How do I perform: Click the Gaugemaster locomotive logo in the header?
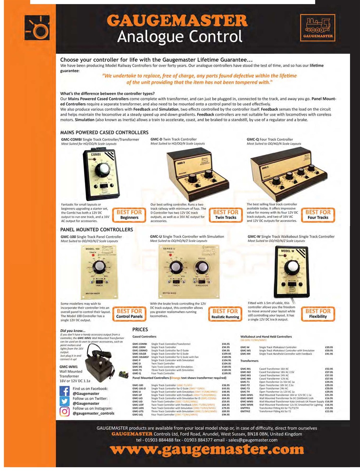coord(318,28)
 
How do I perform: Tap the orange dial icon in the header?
coord(37,28)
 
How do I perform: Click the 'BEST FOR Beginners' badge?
coord(129,215)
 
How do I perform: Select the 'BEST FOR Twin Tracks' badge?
coord(225,215)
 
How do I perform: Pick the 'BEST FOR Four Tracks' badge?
coord(318,215)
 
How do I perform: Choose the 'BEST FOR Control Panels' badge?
coord(129,314)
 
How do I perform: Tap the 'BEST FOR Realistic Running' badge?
coord(225,314)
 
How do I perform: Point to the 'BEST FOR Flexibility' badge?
coord(318,314)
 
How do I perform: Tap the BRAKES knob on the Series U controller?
coord(202,266)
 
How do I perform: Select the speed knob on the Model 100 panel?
coord(99,267)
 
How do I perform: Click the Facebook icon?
coord(65,391)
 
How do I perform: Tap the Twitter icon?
coord(65,401)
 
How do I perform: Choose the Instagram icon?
coord(65,411)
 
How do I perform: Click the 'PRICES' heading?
coord(140,329)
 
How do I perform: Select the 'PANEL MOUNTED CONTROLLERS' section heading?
coord(97,230)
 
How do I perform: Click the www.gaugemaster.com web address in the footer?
coord(207,450)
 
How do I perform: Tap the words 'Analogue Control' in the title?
coord(180,37)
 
